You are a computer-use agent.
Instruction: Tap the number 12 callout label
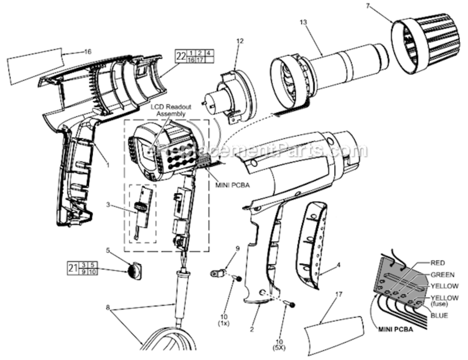240,41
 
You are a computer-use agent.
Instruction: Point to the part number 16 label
87,51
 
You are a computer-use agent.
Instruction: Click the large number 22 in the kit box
180,56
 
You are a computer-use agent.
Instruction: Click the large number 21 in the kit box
72,268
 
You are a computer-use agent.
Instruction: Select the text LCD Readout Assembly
168,110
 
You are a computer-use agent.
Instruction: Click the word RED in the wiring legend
438,263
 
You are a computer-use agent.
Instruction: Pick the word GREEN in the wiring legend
443,275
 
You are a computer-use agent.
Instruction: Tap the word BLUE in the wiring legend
440,315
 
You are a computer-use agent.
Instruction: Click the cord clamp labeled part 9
218,274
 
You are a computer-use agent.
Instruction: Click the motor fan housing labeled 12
229,96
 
